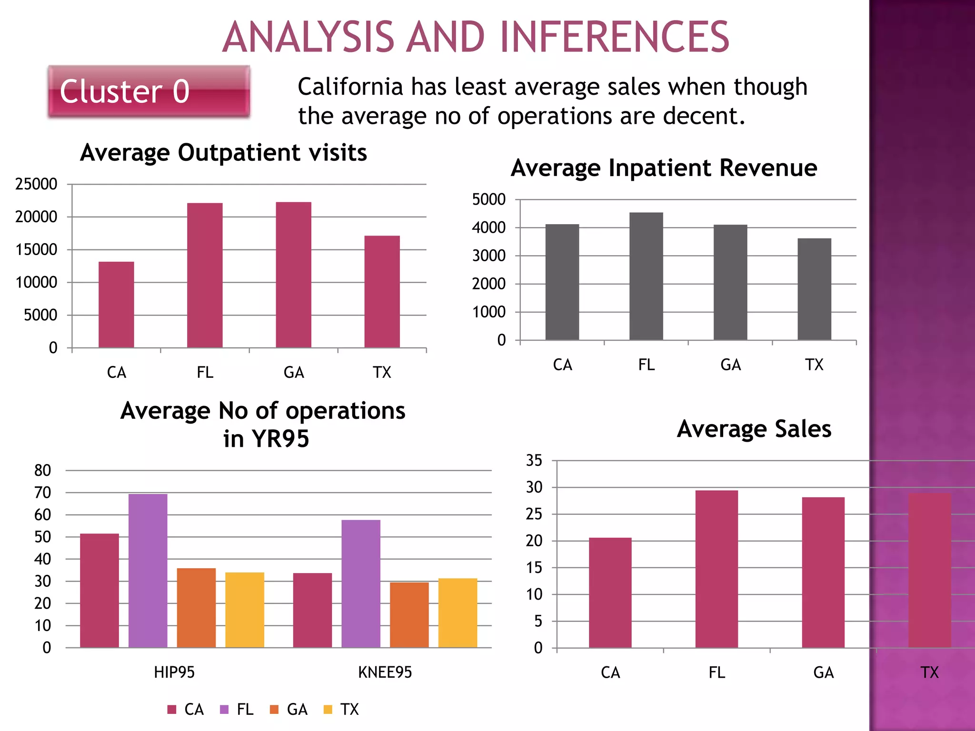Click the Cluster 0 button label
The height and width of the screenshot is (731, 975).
[x=125, y=91]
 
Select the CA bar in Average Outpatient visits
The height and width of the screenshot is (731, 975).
[x=116, y=305]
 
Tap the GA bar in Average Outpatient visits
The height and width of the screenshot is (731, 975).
[x=294, y=275]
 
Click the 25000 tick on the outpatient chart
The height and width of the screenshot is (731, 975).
[x=36, y=184]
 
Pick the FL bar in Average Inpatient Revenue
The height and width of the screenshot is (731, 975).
[x=646, y=276]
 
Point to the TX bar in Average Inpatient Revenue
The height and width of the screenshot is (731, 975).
[x=814, y=289]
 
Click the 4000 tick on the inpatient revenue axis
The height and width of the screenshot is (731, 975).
[x=488, y=227]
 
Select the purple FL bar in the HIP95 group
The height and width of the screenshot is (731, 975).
[x=148, y=571]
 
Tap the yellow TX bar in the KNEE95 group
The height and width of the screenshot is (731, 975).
[x=458, y=613]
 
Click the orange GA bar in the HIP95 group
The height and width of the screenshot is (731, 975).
[x=196, y=608]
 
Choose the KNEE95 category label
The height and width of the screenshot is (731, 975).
[x=385, y=672]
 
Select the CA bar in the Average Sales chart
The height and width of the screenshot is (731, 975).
[x=610, y=593]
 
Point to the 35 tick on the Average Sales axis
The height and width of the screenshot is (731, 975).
[x=534, y=460]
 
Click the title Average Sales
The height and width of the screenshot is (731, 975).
[x=754, y=429]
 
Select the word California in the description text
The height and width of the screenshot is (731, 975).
[x=350, y=87]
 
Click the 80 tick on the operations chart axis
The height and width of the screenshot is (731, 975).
[x=42, y=471]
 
